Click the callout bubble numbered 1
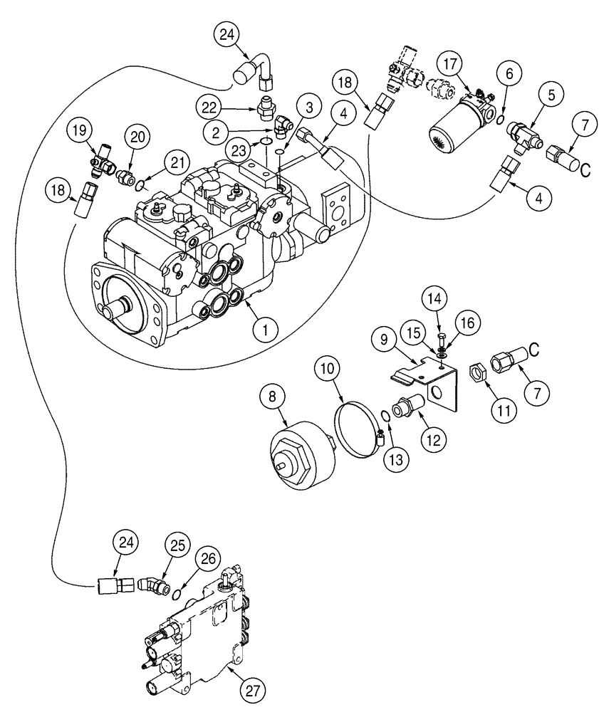[x=265, y=329]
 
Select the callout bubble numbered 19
[x=82, y=130]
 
